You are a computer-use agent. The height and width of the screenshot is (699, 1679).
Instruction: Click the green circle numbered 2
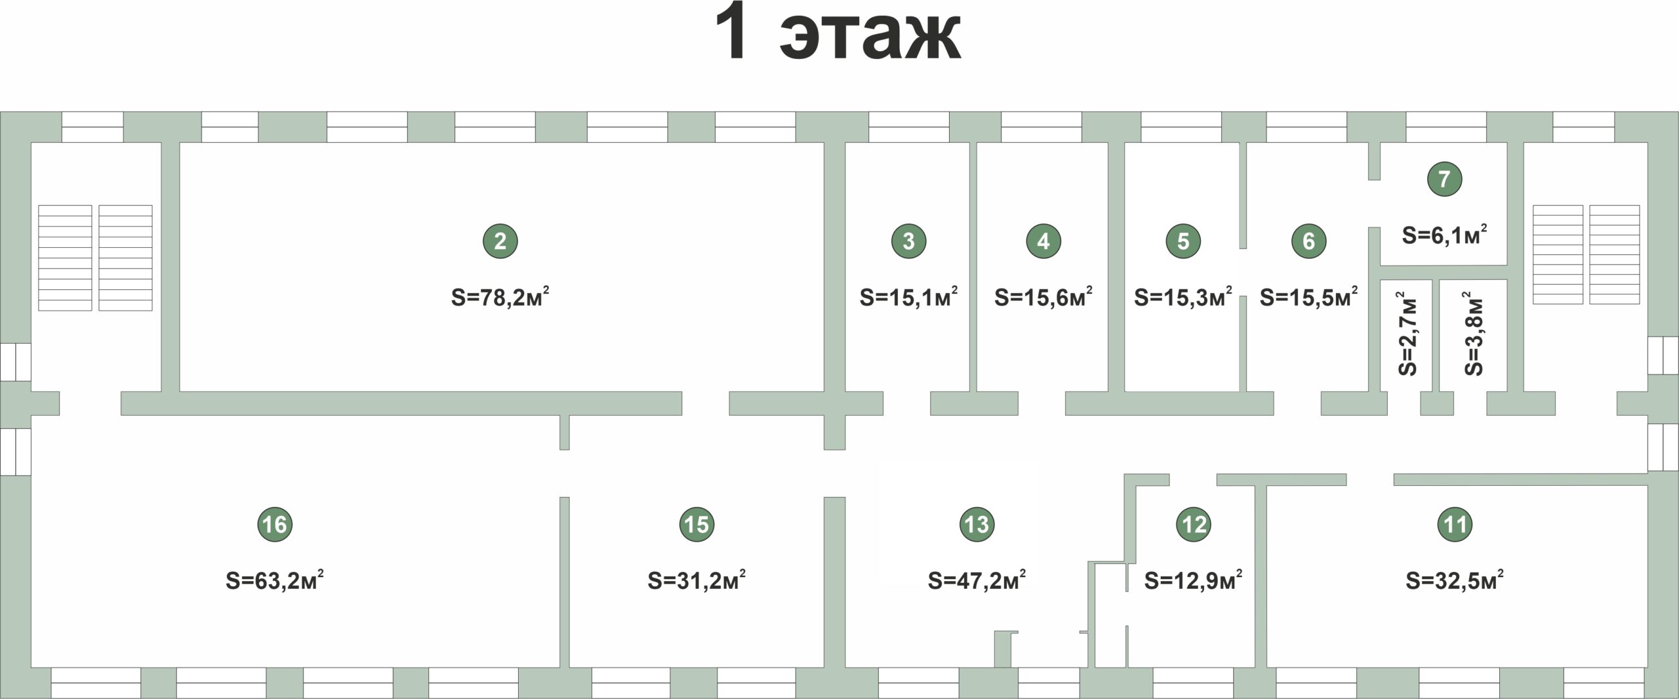click(500, 241)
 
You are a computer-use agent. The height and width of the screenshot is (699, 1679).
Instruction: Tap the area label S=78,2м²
click(500, 297)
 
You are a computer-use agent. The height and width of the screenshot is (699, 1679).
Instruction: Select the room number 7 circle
click(1444, 178)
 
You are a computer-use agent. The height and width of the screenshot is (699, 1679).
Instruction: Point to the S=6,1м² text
click(1444, 234)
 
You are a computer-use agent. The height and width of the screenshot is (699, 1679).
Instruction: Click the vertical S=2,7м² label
click(1407, 333)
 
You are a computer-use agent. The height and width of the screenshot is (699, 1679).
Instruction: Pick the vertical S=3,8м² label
click(1473, 333)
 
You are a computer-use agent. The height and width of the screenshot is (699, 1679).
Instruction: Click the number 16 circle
click(274, 524)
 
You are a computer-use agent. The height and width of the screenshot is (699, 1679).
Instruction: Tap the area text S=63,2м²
click(274, 580)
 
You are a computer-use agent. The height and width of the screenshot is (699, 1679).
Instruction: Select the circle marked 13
click(977, 524)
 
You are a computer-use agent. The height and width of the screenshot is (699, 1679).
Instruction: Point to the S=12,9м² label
click(1193, 580)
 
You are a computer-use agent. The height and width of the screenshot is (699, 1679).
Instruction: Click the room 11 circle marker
click(1455, 524)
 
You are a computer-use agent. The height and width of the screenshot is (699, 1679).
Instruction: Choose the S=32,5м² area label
click(1455, 580)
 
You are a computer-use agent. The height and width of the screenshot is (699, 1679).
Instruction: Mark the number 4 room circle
click(1043, 241)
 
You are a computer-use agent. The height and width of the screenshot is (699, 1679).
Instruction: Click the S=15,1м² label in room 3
click(908, 297)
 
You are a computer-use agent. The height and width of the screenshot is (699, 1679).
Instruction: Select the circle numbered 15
click(697, 524)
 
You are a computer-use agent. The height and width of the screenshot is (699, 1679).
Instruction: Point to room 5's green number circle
click(1183, 241)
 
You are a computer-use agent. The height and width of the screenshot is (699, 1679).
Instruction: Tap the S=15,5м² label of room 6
click(1308, 297)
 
